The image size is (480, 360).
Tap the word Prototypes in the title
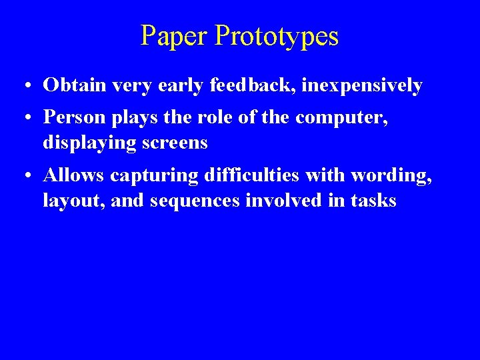277,36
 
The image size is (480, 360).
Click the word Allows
73,175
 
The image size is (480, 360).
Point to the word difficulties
256,175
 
